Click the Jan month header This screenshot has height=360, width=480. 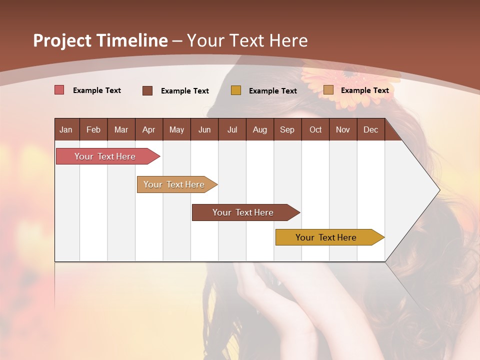point(66,129)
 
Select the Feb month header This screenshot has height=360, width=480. point(93,129)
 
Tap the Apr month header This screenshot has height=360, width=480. point(149,129)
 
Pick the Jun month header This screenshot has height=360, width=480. point(204,129)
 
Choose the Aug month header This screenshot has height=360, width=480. point(260,129)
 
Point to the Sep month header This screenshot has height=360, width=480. point(287,129)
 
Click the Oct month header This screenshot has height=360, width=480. point(315,129)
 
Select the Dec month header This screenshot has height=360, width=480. point(371,129)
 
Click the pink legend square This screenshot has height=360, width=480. point(59,90)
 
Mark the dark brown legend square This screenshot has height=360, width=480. point(147,90)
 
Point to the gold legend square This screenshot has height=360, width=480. point(236,90)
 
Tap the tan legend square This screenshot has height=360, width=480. point(328,90)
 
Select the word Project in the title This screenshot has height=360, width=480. point(62,40)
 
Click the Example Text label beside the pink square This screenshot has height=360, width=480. point(97,90)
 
